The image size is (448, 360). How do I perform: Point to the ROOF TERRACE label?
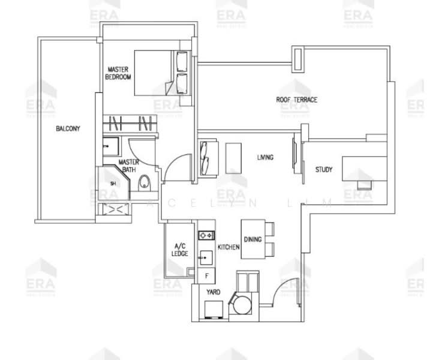pos(297,100)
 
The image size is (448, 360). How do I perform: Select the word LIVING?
pos(265,158)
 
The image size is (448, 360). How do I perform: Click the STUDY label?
pos(324,170)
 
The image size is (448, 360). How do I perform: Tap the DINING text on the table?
pos(252,239)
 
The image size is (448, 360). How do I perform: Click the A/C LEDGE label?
pos(180,250)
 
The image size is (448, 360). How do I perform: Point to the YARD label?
pos(213,292)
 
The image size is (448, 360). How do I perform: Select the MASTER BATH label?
pos(128,166)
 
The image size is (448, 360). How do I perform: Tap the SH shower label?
pos(112,184)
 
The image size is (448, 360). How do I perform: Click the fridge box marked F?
pos(206,275)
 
